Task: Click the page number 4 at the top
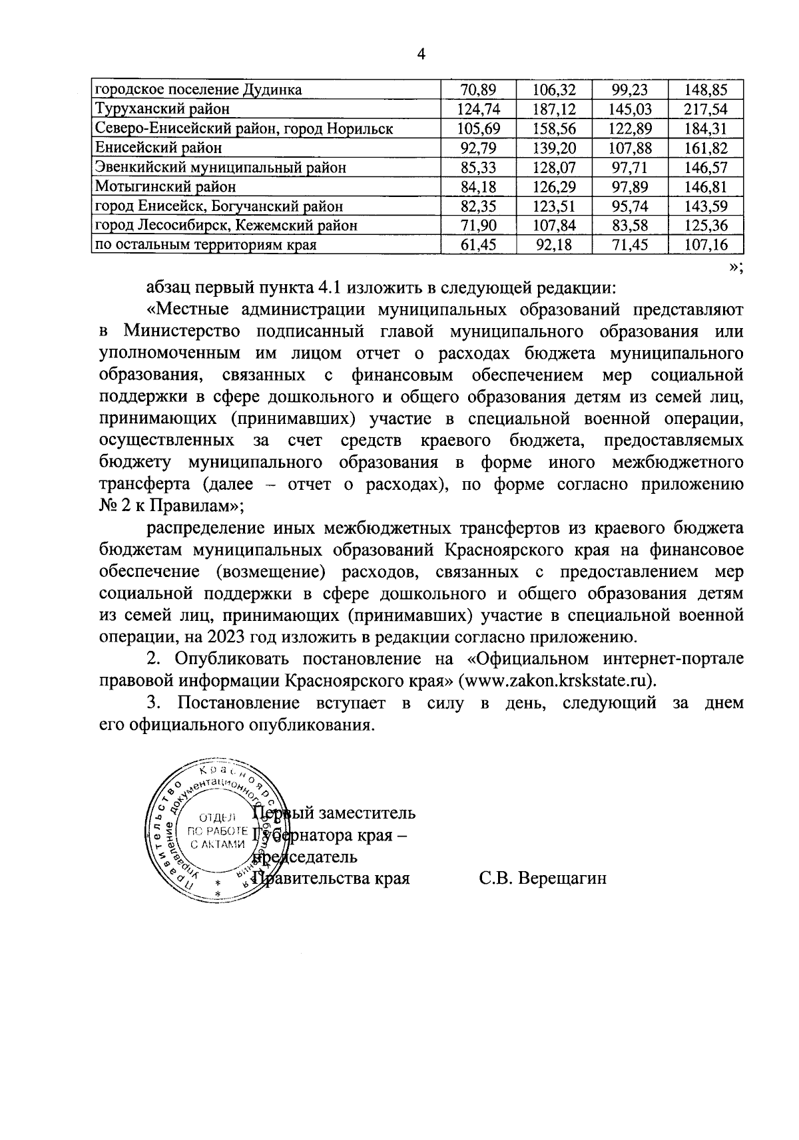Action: (420, 55)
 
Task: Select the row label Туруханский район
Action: (162, 109)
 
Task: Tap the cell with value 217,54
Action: (706, 109)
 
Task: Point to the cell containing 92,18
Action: (555, 245)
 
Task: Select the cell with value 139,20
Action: (555, 148)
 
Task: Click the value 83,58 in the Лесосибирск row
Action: (631, 226)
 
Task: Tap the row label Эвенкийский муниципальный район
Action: (220, 167)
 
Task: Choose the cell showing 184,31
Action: (706, 128)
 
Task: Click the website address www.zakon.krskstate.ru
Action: (555, 681)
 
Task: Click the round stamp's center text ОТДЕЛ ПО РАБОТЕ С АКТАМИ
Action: (218, 831)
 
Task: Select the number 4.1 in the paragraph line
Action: (313, 289)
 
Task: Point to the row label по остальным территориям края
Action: (205, 245)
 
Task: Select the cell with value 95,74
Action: (631, 206)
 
